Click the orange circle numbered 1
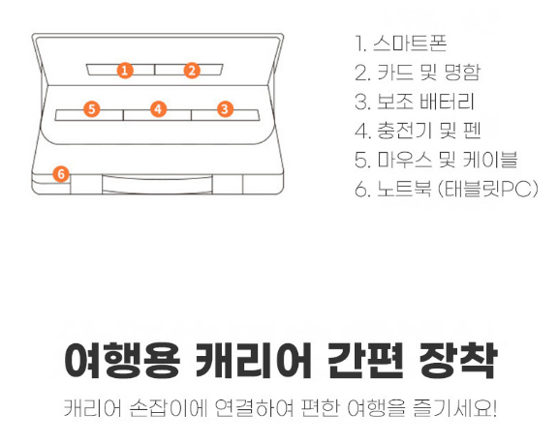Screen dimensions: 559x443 125,70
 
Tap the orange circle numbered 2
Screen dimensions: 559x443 192,70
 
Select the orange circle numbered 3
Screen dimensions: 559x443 225,109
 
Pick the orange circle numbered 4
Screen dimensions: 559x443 158,109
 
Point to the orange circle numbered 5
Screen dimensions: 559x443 92,109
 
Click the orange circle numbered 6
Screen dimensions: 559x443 61,174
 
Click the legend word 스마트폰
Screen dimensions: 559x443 410,44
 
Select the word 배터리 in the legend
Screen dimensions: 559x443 447,102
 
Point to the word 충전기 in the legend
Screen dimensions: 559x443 404,131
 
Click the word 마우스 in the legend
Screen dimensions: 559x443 404,160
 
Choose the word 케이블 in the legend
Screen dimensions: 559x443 490,160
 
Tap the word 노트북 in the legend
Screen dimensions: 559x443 404,189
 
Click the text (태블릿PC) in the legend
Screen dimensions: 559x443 487,189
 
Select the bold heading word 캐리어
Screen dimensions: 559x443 254,360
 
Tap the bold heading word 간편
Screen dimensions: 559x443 365,360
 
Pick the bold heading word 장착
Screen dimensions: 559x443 457,360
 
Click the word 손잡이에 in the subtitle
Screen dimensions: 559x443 168,408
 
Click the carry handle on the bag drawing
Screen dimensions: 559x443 157,184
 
